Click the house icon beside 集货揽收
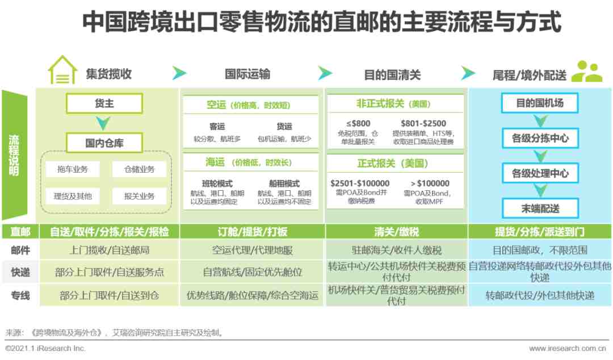[x=62, y=70]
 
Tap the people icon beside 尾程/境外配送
[x=587, y=71]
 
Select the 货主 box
[x=104, y=103]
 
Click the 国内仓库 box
[x=104, y=143]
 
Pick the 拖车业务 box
[x=73, y=169]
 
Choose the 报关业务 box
[x=139, y=196]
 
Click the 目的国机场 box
[x=540, y=103]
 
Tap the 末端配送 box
[x=540, y=208]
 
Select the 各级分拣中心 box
[x=540, y=138]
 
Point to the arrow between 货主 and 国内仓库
[x=103, y=123]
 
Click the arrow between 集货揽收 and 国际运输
[x=179, y=73]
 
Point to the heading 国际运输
[x=247, y=74]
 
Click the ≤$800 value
[x=358, y=123]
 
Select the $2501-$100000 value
[x=360, y=183]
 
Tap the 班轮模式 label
[x=217, y=183]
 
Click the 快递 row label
[x=20, y=272]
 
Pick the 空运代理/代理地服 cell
[x=252, y=250]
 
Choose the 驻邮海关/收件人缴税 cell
[x=396, y=250]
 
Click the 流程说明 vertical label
[x=14, y=156]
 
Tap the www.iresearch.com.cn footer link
[x=567, y=348]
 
